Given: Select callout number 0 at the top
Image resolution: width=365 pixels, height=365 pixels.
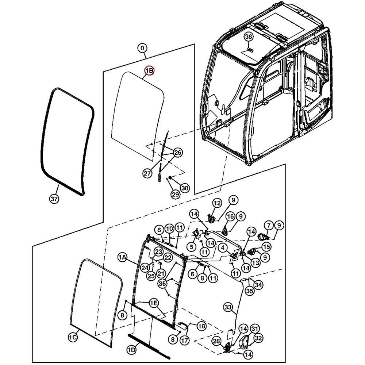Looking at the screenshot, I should coord(142,48).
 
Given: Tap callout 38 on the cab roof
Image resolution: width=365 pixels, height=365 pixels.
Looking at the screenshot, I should coord(249,36).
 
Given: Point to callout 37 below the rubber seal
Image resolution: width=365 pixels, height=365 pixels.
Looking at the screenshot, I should coord(54,199).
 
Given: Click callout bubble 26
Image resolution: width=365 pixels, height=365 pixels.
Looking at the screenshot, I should coord(178,152).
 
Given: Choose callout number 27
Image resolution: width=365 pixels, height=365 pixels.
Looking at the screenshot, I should coord(147,174).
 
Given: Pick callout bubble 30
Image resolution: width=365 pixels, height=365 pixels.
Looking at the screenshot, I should coord(185,188).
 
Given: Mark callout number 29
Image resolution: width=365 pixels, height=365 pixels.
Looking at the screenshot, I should coord(176,195).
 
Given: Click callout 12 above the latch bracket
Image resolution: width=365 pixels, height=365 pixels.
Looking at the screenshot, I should coord(217,203).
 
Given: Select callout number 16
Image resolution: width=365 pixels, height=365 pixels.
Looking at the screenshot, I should coord(230,216).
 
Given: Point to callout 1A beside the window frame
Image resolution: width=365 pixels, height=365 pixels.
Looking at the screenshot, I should coord(122,258).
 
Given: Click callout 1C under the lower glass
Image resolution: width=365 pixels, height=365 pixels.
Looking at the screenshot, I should coord(73,338).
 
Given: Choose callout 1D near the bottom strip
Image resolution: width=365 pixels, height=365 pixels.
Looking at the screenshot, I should coord(131,350).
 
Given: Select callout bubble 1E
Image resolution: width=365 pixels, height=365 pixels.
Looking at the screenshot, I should coord(154,303).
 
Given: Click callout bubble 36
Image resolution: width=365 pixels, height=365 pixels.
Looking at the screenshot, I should coord(162,283).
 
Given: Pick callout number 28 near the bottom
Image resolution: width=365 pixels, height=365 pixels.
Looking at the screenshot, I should coord(217,341).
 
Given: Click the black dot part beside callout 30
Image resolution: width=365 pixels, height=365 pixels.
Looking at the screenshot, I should coord(170,178).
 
